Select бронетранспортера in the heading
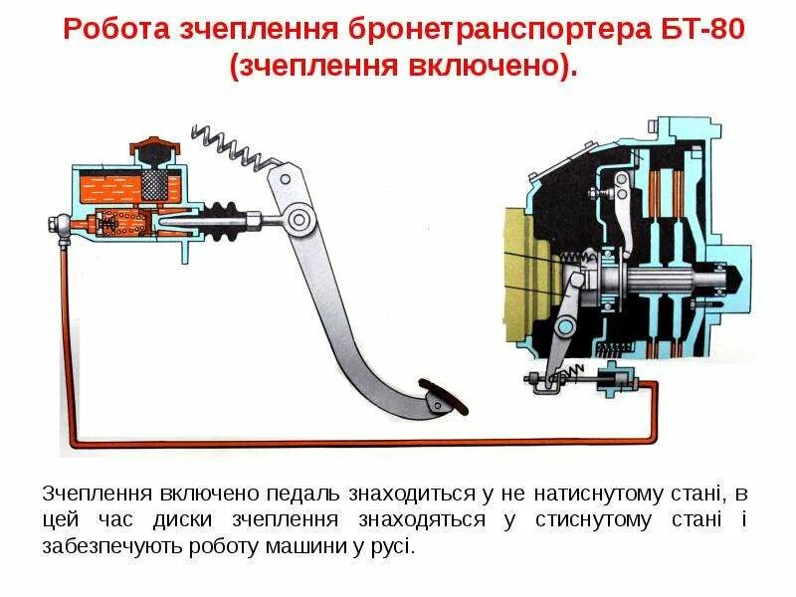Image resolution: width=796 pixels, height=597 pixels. point(506,29)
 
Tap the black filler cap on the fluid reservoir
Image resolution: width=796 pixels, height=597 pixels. point(150,149)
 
